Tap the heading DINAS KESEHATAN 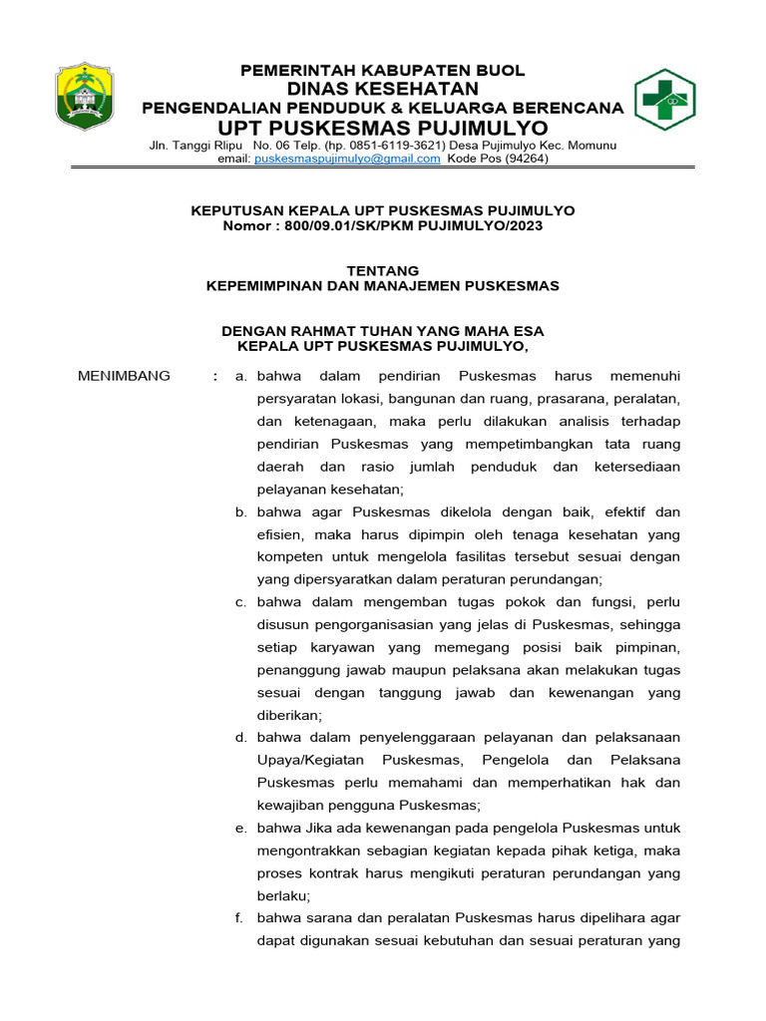(x=384, y=89)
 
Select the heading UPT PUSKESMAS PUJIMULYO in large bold (x=384, y=129)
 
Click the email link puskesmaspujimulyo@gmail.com (x=347, y=159)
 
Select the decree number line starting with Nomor (x=383, y=225)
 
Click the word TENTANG (x=383, y=270)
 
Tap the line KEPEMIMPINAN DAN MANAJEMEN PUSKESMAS (x=383, y=285)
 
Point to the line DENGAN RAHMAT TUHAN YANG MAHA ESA (x=383, y=331)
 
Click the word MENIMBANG (x=124, y=376)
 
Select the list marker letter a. (x=240, y=376)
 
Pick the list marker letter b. (x=240, y=511)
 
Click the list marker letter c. (x=240, y=602)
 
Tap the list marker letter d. (x=240, y=738)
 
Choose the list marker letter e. (x=240, y=828)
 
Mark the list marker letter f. (x=240, y=918)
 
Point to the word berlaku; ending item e (x=283, y=895)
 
